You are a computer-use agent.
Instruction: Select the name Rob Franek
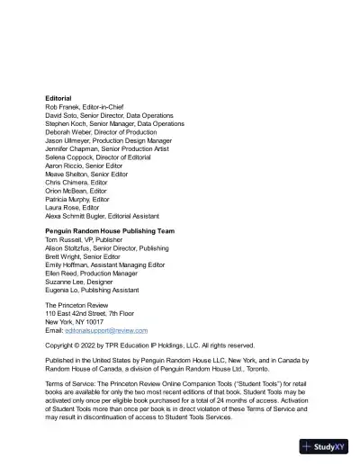pyautogui.click(x=63, y=107)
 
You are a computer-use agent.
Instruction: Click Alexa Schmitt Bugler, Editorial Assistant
pyautogui.click(x=102, y=216)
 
